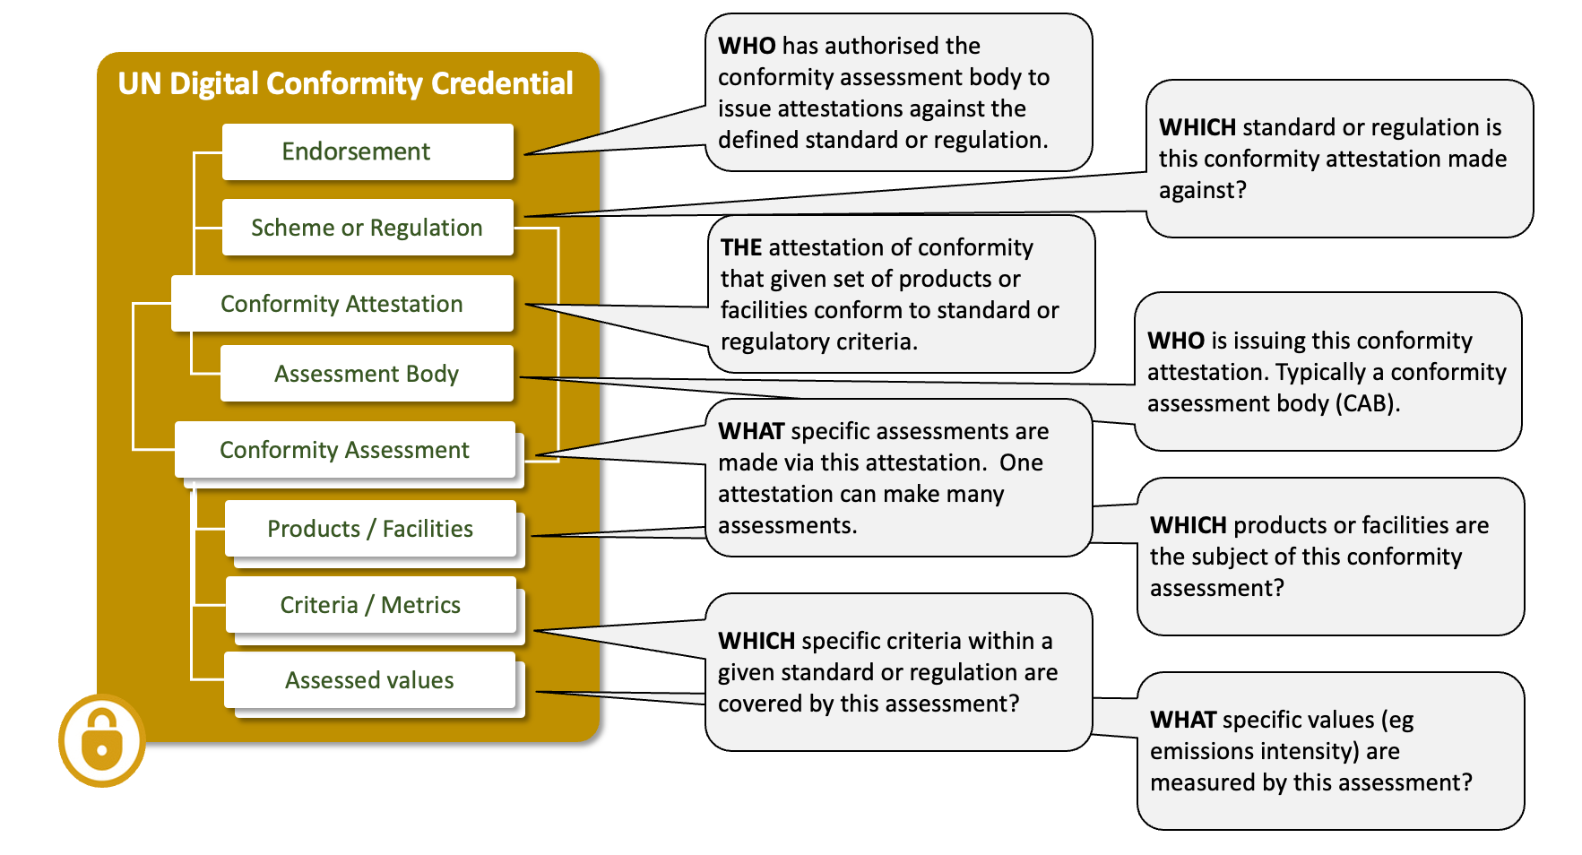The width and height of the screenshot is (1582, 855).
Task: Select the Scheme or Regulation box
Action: point(367,228)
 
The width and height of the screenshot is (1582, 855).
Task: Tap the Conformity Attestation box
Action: point(341,304)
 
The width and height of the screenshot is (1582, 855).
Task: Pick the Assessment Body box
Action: point(367,374)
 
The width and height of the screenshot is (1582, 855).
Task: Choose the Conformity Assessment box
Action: point(344,450)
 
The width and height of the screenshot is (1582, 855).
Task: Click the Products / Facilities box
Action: point(370,529)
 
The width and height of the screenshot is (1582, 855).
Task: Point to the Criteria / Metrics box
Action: point(370,605)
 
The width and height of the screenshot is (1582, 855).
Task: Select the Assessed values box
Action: point(369,680)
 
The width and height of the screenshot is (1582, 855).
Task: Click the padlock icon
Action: point(102,740)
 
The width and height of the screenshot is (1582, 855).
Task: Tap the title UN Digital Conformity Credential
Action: point(345,83)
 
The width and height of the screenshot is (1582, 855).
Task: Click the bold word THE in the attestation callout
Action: point(741,248)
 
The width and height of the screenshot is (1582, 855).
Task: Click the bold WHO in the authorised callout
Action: point(746,46)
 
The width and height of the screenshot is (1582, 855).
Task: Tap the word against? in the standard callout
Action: point(1202,191)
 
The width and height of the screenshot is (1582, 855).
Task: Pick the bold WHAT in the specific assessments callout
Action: point(751,431)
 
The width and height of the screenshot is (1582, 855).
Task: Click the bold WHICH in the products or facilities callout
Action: point(1188,525)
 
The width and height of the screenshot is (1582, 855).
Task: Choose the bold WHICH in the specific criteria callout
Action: point(756,641)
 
